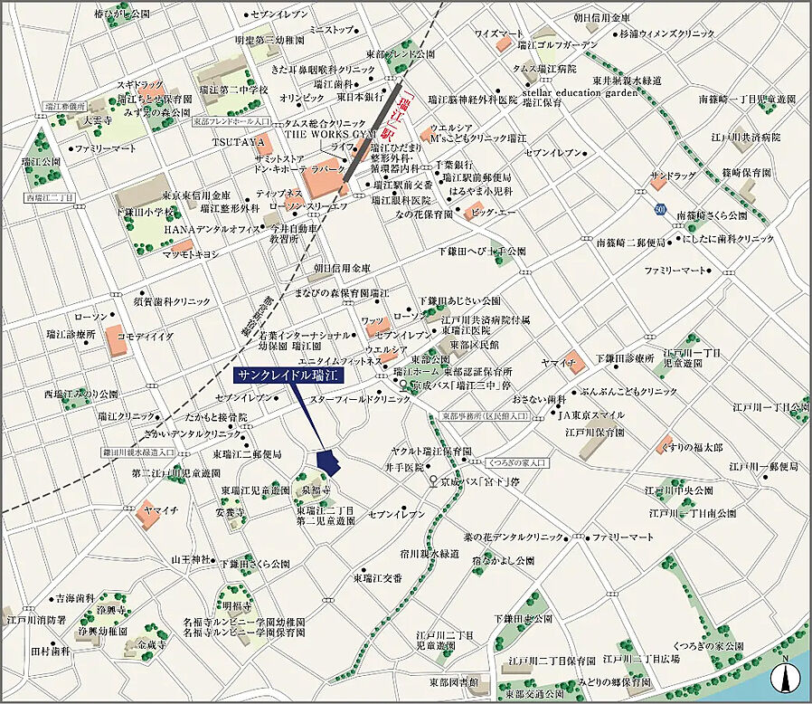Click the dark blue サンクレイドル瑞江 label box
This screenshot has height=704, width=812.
tap(284, 376)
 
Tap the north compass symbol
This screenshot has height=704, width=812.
tap(785, 676)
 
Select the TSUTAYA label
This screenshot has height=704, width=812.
tap(239, 143)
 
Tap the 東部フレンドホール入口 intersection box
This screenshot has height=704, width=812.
tap(232, 120)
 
